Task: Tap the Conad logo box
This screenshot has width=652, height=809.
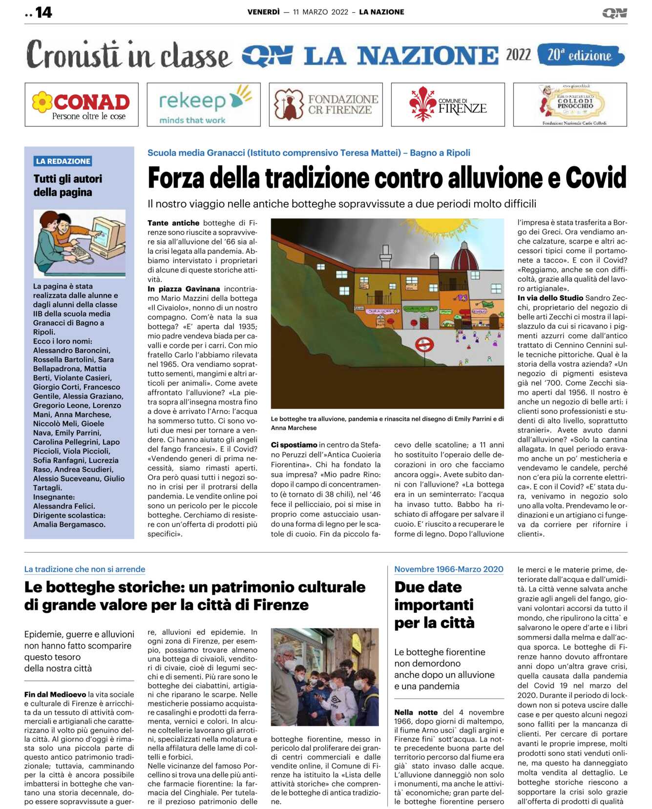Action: click(x=82, y=104)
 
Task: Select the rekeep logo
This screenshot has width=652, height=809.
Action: click(x=204, y=104)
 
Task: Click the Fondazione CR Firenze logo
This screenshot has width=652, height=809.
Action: click(x=326, y=104)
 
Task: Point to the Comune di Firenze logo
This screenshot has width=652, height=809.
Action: click(x=448, y=104)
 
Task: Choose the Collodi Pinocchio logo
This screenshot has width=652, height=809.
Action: click(x=570, y=104)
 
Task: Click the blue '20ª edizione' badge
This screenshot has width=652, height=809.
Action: click(x=580, y=55)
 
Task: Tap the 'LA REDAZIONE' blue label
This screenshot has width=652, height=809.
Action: click(x=63, y=161)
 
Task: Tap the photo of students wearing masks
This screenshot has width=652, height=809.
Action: click(x=325, y=677)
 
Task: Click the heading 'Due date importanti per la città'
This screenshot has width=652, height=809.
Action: click(x=434, y=604)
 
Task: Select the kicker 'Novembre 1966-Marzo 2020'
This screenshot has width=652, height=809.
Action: click(x=448, y=569)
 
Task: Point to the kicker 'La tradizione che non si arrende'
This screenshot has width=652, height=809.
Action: click(x=84, y=569)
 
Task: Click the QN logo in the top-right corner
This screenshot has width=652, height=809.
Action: click(x=614, y=13)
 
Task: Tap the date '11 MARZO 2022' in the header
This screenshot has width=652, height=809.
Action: click(x=320, y=12)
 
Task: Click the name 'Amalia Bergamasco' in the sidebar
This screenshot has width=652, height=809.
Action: click(x=69, y=525)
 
